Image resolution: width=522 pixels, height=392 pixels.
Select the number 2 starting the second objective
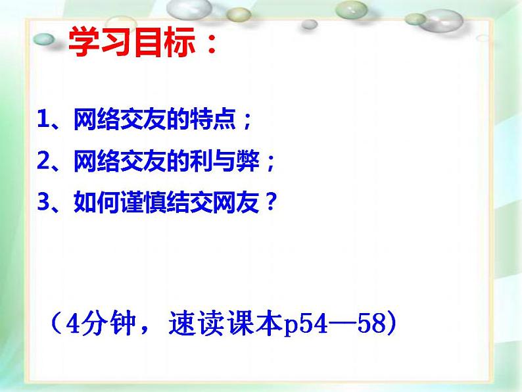pos(43,161)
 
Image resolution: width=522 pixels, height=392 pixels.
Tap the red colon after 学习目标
pos(210,46)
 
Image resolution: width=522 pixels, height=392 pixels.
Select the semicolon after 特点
pos(247,122)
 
